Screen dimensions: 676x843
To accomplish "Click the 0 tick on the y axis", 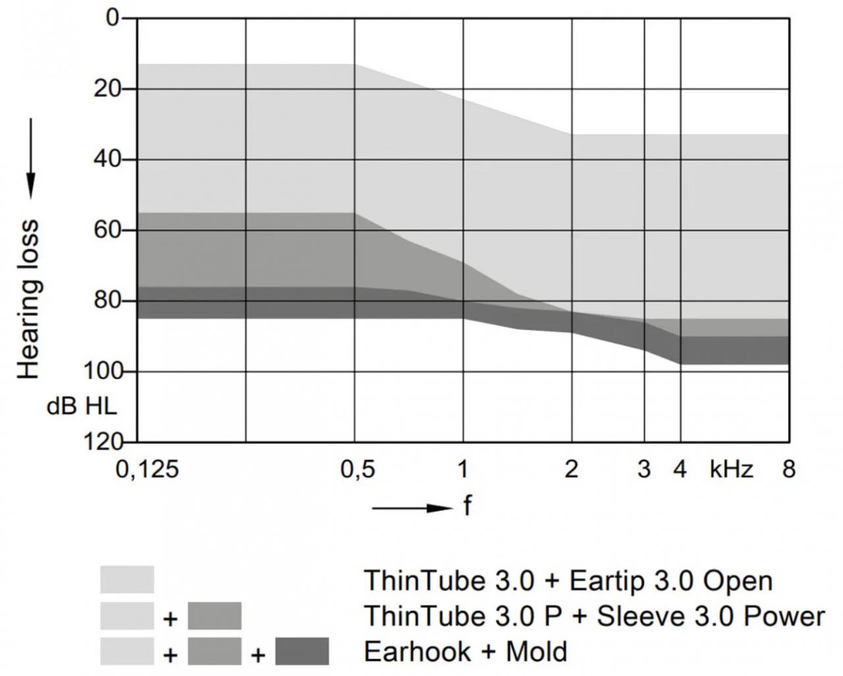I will pyautogui.click(x=113, y=17).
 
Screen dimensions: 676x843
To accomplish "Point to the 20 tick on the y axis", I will pyautogui.click(x=108, y=88).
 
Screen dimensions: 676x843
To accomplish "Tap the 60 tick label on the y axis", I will pyautogui.click(x=108, y=230).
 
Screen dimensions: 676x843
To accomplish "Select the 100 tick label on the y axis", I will pyautogui.click(x=102, y=371).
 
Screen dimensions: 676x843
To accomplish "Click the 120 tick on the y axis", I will pyautogui.click(x=102, y=441).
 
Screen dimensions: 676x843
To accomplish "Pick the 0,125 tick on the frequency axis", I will pyautogui.click(x=147, y=469).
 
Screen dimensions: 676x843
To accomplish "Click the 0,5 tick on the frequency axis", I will pyautogui.click(x=357, y=469).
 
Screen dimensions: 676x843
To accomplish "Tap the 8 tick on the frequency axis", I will pyautogui.click(x=788, y=469).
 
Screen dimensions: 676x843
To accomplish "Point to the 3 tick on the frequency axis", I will pyautogui.click(x=644, y=469).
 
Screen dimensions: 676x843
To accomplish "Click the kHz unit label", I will pyautogui.click(x=731, y=469).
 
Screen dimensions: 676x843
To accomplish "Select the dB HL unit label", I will pyautogui.click(x=81, y=405).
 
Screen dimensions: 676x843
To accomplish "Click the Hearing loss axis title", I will pyautogui.click(x=28, y=299).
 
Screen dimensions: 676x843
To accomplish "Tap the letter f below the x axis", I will pyautogui.click(x=468, y=507).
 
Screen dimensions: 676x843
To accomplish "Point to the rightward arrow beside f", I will pyautogui.click(x=412, y=508).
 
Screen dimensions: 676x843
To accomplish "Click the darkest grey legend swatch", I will pyautogui.click(x=302, y=652).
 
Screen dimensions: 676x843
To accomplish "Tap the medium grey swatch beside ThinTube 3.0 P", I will pyautogui.click(x=215, y=616).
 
